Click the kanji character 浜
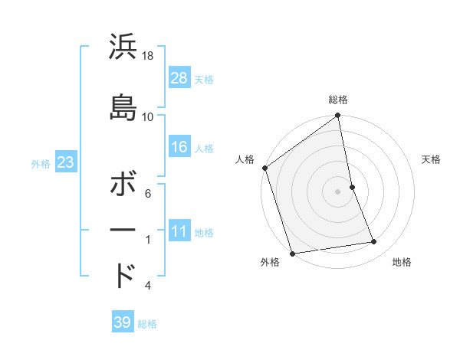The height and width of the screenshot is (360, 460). pyautogui.click(x=123, y=47)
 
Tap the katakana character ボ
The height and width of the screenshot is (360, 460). pyautogui.click(x=123, y=187)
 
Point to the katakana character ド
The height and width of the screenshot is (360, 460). pyautogui.click(x=123, y=275)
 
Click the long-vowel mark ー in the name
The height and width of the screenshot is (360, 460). pyautogui.click(x=123, y=230)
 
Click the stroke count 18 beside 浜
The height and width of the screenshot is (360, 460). pyautogui.click(x=148, y=57)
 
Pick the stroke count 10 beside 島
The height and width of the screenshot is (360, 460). pyautogui.click(x=148, y=116)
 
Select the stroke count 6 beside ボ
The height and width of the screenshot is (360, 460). pyautogui.click(x=148, y=195)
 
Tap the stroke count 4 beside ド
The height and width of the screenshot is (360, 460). pyautogui.click(x=148, y=286)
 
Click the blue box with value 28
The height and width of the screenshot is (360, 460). pyautogui.click(x=179, y=77)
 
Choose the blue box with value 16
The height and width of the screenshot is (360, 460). pyautogui.click(x=179, y=147)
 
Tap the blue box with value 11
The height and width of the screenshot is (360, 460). pyautogui.click(x=179, y=231)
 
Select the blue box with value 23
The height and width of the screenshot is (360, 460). pyautogui.click(x=66, y=162)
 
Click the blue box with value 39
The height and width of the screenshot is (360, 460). pyautogui.click(x=123, y=322)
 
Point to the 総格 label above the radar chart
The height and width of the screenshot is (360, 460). pyautogui.click(x=338, y=100)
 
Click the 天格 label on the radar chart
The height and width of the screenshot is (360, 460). pyautogui.click(x=432, y=159)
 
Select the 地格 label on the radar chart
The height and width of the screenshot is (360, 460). pyautogui.click(x=402, y=262)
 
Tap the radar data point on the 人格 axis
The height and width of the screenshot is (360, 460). pyautogui.click(x=265, y=168)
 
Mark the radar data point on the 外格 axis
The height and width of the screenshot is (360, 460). pyautogui.click(x=292, y=253)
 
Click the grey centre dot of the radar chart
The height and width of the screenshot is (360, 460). pyautogui.click(x=338, y=191)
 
